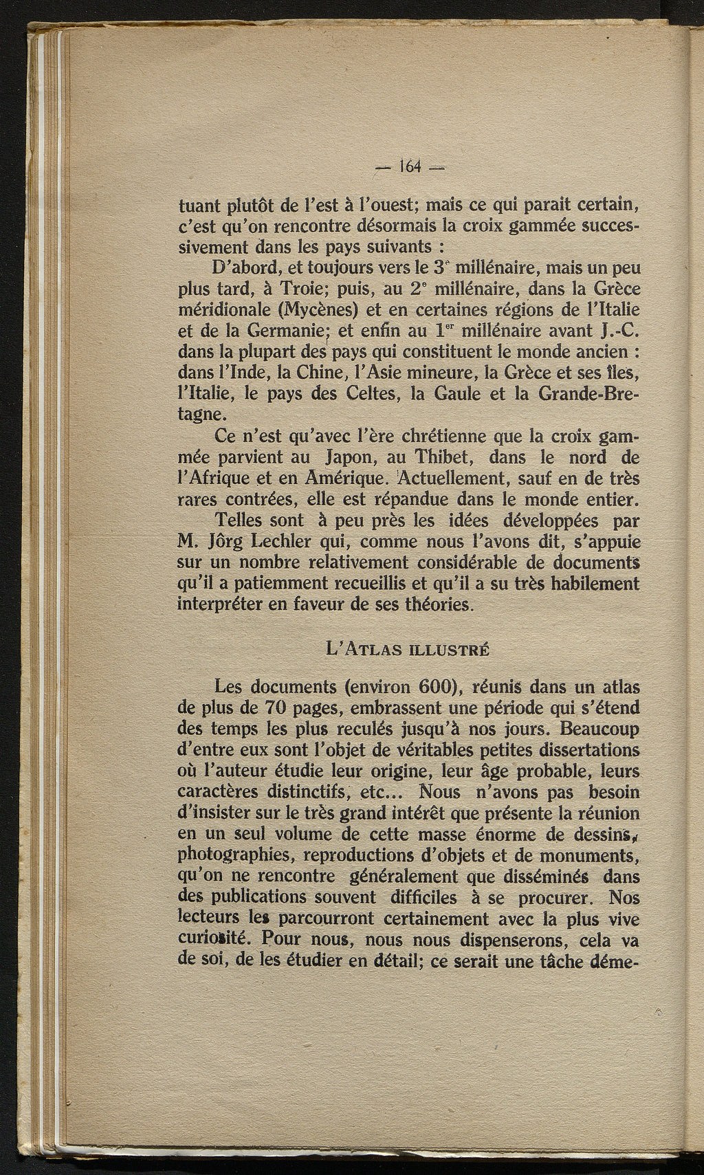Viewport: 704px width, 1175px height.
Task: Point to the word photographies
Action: tap(236, 855)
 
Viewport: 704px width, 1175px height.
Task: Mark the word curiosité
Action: tap(216, 940)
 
